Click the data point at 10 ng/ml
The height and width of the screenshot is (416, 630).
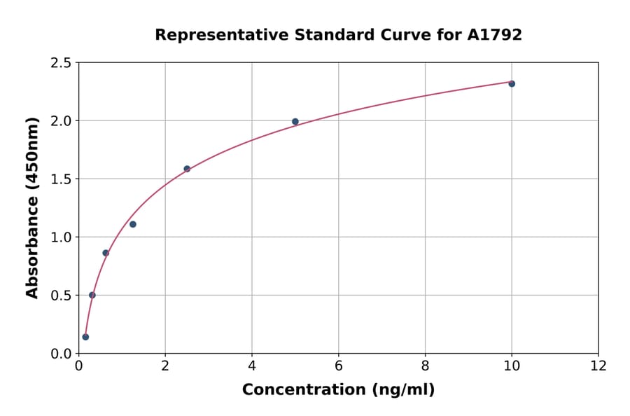(x=512, y=83)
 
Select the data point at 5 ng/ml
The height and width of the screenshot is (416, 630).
(x=295, y=122)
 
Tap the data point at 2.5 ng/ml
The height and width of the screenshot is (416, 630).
(x=187, y=169)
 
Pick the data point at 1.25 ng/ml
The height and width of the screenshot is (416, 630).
(x=133, y=224)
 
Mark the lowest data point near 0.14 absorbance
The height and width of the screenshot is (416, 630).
(x=85, y=337)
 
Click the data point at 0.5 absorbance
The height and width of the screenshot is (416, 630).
(x=92, y=295)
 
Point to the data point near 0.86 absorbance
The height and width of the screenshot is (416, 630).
(x=106, y=253)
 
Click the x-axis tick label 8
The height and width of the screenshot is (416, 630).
(x=425, y=366)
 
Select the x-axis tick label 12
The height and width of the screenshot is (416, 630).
(x=598, y=366)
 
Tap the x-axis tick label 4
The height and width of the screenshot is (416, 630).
(x=252, y=366)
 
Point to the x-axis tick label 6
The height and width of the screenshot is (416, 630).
(x=339, y=366)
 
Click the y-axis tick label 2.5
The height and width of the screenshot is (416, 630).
(x=61, y=63)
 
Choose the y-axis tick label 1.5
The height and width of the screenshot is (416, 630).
(x=61, y=179)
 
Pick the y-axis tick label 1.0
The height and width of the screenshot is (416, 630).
(x=61, y=237)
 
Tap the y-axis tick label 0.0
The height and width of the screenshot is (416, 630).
(x=61, y=354)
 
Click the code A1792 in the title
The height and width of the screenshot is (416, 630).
(x=494, y=35)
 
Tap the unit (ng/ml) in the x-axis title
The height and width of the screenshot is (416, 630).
(x=402, y=390)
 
